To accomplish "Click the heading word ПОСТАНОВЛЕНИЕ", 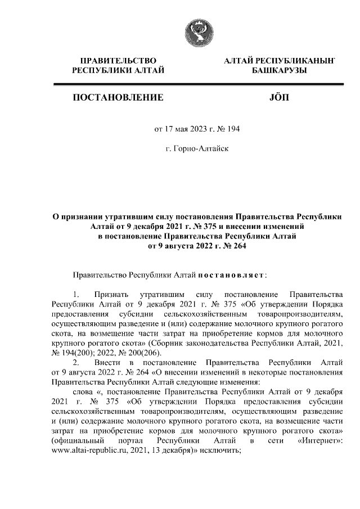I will (x=118, y=98).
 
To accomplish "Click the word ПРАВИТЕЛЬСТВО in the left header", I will (x=118, y=60).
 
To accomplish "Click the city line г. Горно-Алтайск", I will (x=197, y=149).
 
